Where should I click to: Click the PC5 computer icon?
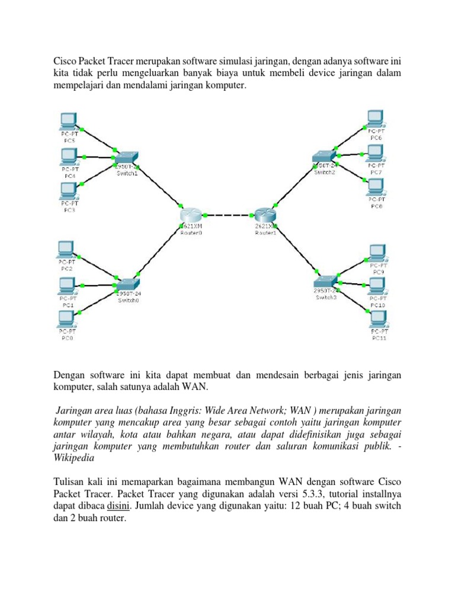(69, 121)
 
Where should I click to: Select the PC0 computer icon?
(66, 320)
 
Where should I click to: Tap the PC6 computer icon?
(374, 118)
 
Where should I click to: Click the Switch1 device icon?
(126, 157)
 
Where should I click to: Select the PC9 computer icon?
(377, 253)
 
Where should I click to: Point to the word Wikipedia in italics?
(76, 459)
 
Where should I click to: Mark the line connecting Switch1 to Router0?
(159, 186)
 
